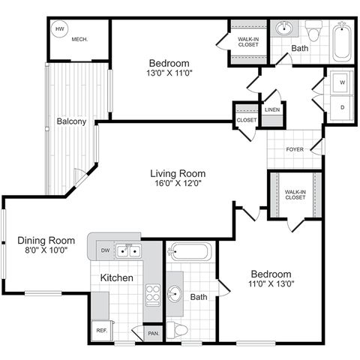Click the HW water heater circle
pyautogui.click(x=60, y=29)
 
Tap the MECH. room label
pyautogui.click(x=79, y=39)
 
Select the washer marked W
pyautogui.click(x=342, y=82)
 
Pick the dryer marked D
pyautogui.click(x=342, y=107)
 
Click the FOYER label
pyautogui.click(x=295, y=149)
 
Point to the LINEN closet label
pyautogui.click(x=272, y=110)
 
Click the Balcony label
pyautogui.click(x=71, y=121)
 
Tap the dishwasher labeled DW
pyautogui.click(x=105, y=250)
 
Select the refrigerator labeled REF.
pyautogui.click(x=102, y=331)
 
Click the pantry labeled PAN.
pyautogui.click(x=154, y=333)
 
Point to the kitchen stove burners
pyautogui.click(x=153, y=295)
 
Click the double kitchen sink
pyautogui.click(x=128, y=251)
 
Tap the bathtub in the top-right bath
pyautogui.click(x=342, y=43)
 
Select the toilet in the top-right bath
pyautogui.click(x=314, y=31)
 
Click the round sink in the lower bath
pyautogui.click(x=175, y=294)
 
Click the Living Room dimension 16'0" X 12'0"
pyautogui.click(x=178, y=184)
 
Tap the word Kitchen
pyautogui.click(x=116, y=277)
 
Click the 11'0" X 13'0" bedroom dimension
pyautogui.click(x=271, y=283)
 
